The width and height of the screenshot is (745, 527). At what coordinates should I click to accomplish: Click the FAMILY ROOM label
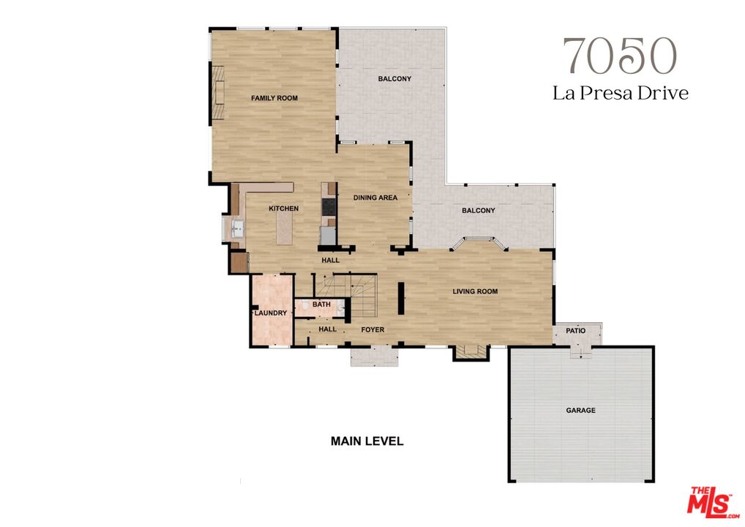(x=274, y=98)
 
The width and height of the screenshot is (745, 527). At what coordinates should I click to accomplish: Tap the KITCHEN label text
(x=283, y=209)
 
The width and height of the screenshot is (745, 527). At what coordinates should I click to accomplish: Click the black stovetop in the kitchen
(x=328, y=207)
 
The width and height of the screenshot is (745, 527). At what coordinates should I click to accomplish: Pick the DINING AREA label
(x=375, y=198)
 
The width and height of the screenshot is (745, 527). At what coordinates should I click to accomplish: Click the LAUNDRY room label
(x=271, y=313)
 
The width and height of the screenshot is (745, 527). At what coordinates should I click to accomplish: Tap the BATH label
(x=321, y=304)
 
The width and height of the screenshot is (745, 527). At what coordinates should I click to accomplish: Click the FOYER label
(x=372, y=329)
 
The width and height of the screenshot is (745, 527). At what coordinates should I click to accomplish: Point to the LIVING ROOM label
(x=474, y=291)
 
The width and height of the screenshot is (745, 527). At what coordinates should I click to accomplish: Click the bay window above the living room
(x=479, y=244)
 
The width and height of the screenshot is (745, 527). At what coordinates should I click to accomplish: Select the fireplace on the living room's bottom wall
(x=471, y=352)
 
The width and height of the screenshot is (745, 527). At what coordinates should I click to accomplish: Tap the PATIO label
(x=576, y=331)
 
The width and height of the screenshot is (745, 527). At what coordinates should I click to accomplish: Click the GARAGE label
(x=580, y=411)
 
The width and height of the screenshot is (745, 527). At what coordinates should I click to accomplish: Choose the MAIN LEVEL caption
(x=367, y=441)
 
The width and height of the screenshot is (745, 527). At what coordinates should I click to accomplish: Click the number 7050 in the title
(x=619, y=56)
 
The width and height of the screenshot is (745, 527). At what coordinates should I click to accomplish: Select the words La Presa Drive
(x=620, y=94)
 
